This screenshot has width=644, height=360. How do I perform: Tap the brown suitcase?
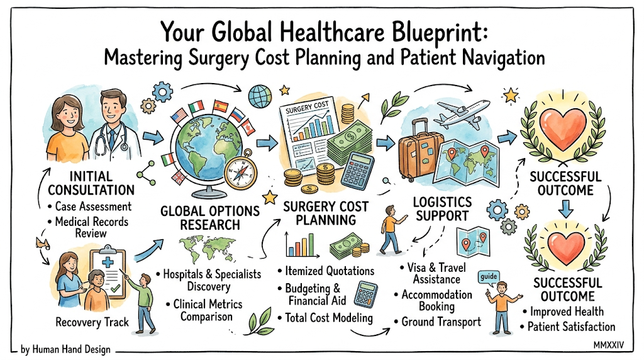tap(420, 150)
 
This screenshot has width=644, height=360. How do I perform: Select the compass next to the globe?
tap(241, 170)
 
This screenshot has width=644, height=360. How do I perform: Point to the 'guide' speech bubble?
tap(489, 276)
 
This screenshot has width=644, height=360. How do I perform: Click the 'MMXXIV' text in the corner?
tap(608, 345)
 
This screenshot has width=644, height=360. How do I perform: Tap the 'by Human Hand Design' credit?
tap(65, 349)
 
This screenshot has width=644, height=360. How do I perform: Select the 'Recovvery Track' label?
tap(92, 322)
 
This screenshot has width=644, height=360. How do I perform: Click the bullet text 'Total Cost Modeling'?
tap(328, 318)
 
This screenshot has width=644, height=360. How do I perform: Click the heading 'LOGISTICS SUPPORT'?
tap(442, 209)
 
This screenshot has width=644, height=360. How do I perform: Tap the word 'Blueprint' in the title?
tap(440, 33)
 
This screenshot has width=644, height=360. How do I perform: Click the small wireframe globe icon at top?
tap(260, 96)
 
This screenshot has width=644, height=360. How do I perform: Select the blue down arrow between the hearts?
tap(566, 209)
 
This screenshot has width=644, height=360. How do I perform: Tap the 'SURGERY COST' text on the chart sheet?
tap(307, 108)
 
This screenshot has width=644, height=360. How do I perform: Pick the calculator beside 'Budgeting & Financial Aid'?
tap(365, 295)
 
